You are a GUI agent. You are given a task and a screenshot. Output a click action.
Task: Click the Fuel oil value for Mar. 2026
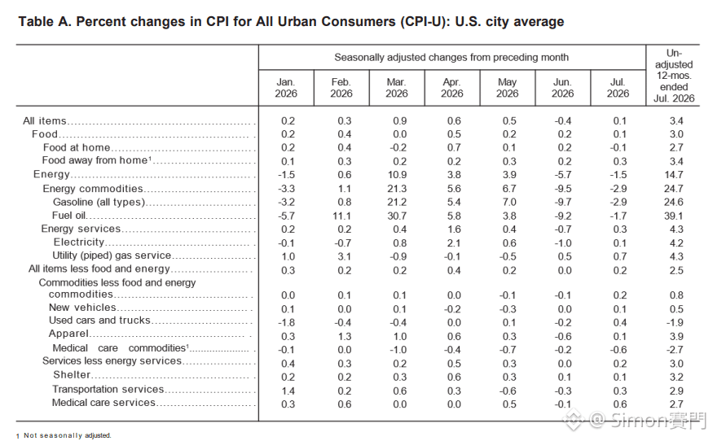point(397,216)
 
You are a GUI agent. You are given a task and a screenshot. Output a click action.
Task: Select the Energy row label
point(51,174)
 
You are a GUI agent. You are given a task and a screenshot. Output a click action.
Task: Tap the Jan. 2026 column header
point(286,88)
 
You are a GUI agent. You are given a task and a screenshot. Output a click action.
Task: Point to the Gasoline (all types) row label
point(99,202)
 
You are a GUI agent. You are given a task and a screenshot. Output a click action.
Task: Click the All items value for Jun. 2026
point(562,120)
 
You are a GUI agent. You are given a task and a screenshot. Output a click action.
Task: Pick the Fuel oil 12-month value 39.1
point(673,216)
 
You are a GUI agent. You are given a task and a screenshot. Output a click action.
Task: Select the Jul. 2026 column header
point(618,88)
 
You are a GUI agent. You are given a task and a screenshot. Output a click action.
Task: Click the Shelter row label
point(72,375)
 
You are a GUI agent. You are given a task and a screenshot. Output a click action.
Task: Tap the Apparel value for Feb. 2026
point(344,337)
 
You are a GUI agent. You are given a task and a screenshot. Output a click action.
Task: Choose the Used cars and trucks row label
point(99,321)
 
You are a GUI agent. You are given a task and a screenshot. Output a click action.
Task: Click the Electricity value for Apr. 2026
point(454,243)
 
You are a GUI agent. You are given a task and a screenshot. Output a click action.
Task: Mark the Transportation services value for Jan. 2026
point(288,391)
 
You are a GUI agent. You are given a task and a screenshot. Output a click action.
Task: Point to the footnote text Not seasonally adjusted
point(68,435)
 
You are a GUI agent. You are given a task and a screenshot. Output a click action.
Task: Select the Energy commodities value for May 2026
point(509,189)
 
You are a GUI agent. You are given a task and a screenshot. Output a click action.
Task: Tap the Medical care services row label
point(103,403)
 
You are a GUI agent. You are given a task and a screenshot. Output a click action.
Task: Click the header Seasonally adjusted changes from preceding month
point(451,57)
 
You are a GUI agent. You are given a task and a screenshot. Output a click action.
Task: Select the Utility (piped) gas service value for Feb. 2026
point(344,256)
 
